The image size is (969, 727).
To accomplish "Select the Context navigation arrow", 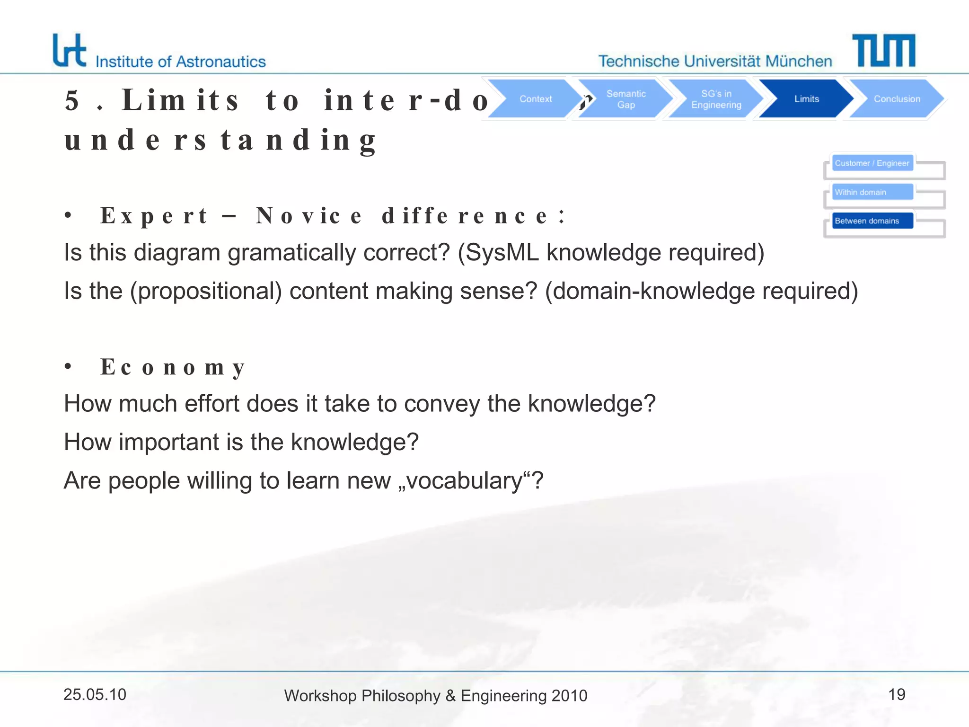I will pos(535,99).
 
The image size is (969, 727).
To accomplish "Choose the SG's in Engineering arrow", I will pos(716,99).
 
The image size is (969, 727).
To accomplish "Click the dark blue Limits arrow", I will pos(806,99).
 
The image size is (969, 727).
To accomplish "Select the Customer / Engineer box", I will pos(872,163).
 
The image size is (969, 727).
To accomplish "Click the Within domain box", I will pos(872,192).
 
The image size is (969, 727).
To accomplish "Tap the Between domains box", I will pos(872,221).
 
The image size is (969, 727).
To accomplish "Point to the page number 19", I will pos(897,694).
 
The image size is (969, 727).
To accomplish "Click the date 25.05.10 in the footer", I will pos(95,694).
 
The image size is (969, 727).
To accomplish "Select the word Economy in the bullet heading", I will pos(173,367).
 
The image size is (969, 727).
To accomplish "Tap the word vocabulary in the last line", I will pos(464,481).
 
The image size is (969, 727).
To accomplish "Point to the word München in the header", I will pos(798,61).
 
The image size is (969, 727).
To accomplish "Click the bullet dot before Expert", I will pos(68,216).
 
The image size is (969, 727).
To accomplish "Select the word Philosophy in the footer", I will pos(401,696).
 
